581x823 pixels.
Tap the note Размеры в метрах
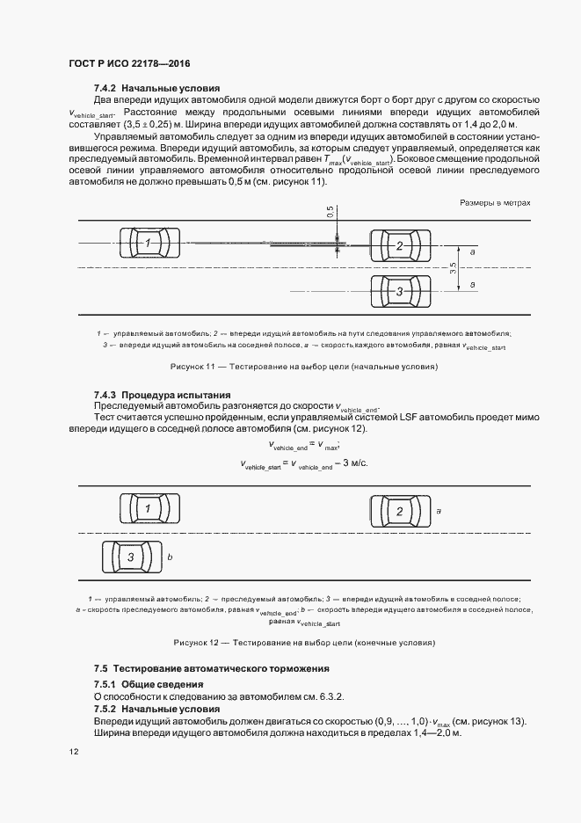(496, 202)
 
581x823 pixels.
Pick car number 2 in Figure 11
(399, 245)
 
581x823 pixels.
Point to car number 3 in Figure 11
(399, 290)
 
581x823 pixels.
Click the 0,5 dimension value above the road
(330, 214)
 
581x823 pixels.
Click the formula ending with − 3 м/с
(303, 463)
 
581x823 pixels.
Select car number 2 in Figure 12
(399, 511)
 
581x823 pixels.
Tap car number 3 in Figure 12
(131, 557)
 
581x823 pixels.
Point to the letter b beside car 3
(171, 557)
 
